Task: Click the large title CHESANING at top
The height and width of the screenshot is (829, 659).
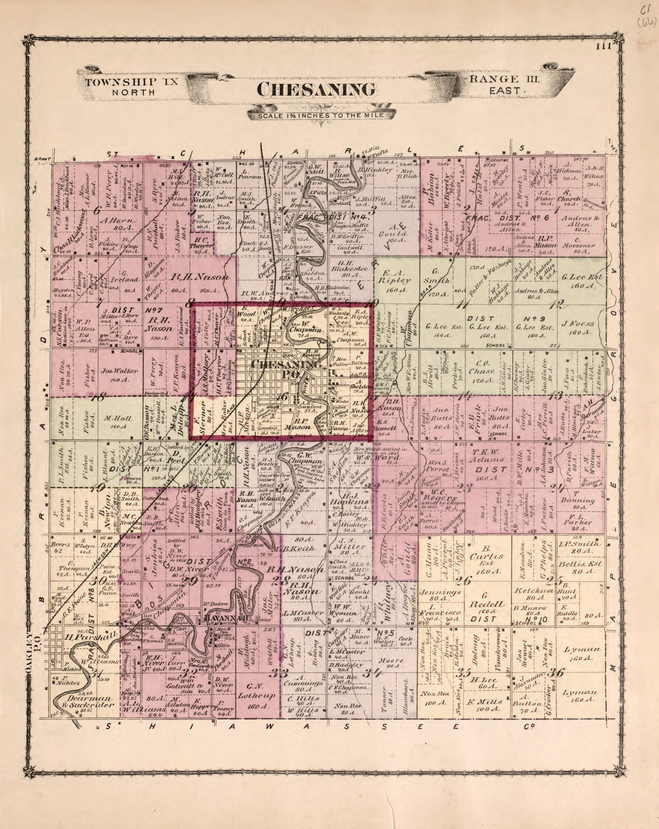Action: point(316,90)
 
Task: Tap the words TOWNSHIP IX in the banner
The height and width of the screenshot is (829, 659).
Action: point(132,82)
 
